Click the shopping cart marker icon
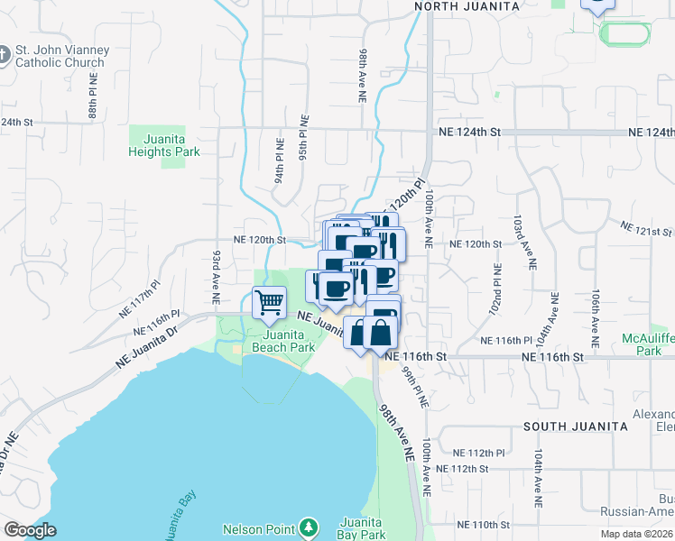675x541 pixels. pos(270,303)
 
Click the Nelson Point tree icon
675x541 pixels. pos(309,526)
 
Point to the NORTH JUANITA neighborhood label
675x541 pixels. pos(467,6)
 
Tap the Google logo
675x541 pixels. pos(30,529)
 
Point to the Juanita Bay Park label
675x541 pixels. pos(364,528)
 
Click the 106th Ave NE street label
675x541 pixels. pos(596,319)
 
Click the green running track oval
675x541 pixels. pos(624,35)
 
